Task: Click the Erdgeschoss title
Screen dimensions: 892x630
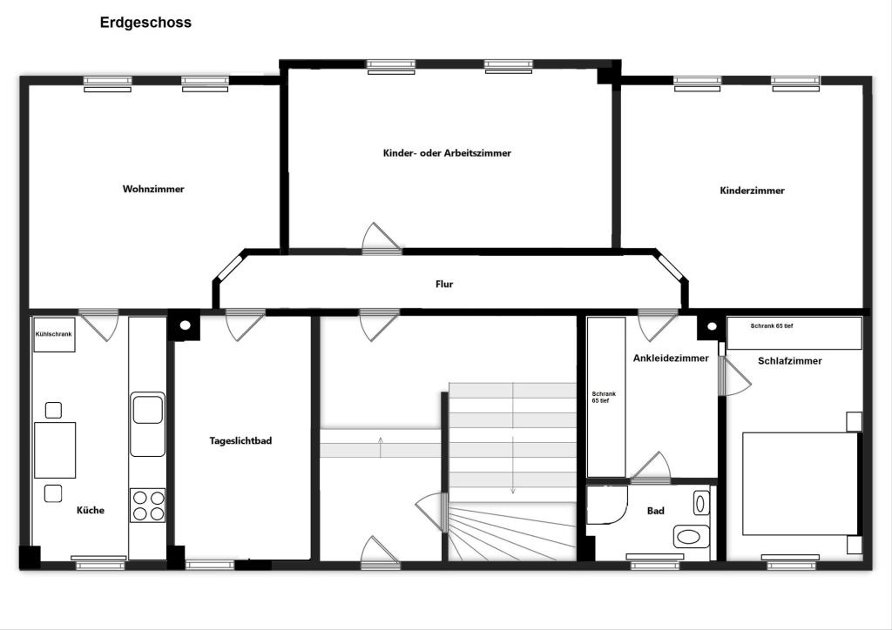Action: (x=145, y=23)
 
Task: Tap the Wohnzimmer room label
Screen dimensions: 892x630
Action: (x=153, y=189)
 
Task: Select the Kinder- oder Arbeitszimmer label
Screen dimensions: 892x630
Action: (x=447, y=153)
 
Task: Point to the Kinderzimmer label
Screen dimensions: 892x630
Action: (x=752, y=191)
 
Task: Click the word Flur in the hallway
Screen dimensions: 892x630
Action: (x=444, y=284)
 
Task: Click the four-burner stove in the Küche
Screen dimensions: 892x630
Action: (x=148, y=506)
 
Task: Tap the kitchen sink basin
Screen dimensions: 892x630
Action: (x=147, y=410)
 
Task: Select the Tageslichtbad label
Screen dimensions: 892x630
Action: (x=240, y=441)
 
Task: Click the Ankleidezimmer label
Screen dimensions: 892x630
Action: (x=671, y=359)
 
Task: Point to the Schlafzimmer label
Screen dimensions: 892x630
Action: (x=789, y=361)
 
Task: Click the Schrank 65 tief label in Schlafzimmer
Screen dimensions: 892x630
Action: (x=772, y=326)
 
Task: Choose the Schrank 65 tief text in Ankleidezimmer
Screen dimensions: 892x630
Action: (x=604, y=397)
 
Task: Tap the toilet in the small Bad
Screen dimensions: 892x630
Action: (x=691, y=537)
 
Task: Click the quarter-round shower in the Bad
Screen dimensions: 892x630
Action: (x=607, y=505)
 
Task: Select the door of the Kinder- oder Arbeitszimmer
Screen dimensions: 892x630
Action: (x=382, y=238)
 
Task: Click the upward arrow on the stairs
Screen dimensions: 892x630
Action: (x=381, y=447)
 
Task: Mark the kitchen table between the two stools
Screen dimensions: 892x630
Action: (x=55, y=450)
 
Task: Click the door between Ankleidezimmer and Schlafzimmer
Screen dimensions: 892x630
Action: (x=733, y=376)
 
